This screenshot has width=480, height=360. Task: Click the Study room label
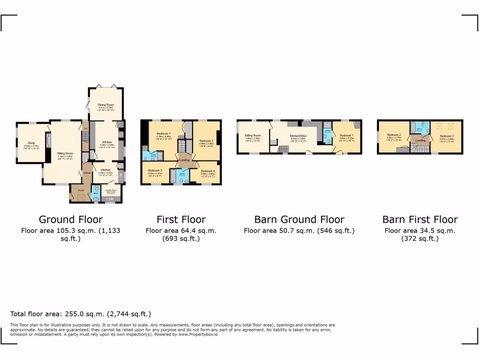click(x=31, y=143)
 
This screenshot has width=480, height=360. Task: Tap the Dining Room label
click(x=105, y=105)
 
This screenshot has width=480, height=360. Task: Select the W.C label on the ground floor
click(x=95, y=194)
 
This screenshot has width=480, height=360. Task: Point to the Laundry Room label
click(x=111, y=190)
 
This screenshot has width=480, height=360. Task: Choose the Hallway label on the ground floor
click(x=86, y=173)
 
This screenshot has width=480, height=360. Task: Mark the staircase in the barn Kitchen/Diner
click(x=283, y=150)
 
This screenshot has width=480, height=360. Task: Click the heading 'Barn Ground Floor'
click(x=299, y=219)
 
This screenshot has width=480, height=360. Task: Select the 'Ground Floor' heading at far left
click(x=70, y=219)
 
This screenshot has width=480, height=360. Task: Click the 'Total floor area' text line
click(x=81, y=314)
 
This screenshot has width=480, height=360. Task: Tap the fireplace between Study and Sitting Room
click(x=47, y=141)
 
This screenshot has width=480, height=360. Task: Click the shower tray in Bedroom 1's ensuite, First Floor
click(x=160, y=155)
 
